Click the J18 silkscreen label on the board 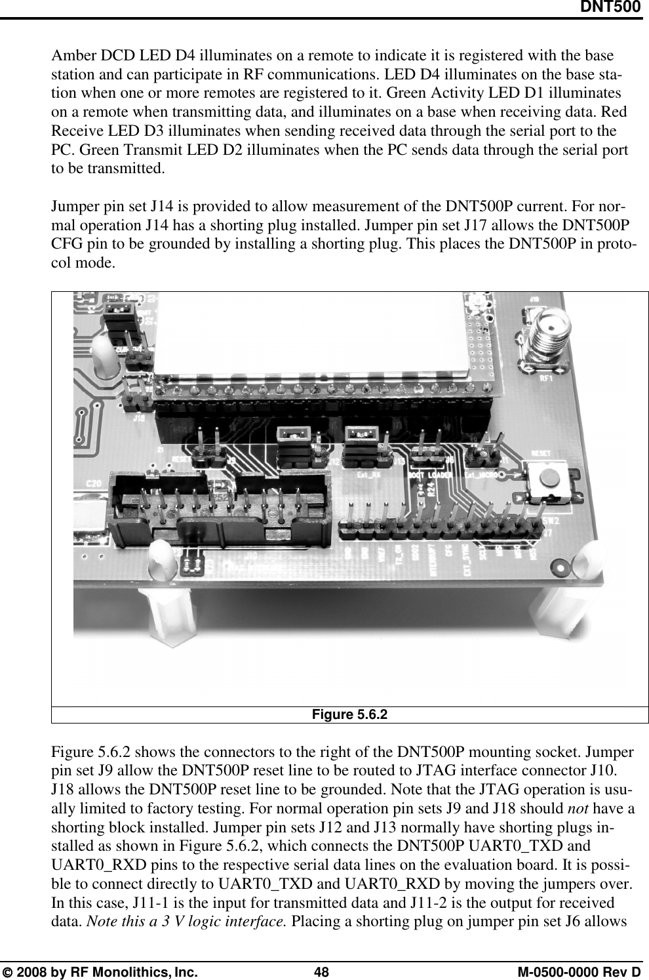(x=139, y=416)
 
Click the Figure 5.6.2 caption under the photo (x=351, y=714)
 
